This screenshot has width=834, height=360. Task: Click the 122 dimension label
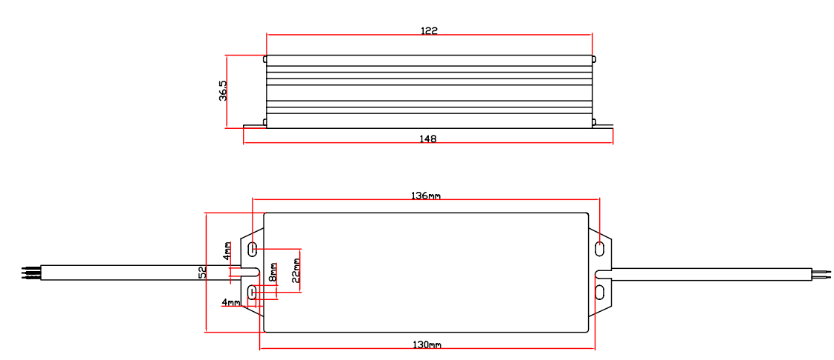pos(429,31)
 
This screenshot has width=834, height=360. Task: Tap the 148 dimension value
pos(427,139)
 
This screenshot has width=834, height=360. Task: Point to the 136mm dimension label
pos(426,196)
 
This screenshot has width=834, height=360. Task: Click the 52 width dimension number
pos(201,273)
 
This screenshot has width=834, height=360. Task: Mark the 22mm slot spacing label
pos(296,270)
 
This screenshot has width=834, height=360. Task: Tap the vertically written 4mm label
pos(227,252)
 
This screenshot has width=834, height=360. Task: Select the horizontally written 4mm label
pos(230,303)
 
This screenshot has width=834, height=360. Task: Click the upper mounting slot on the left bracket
pos(253,248)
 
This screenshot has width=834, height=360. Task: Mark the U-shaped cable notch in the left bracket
pos(248,271)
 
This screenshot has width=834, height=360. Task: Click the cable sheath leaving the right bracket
pos(711,274)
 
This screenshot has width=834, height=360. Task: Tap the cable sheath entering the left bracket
pos(133,273)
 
